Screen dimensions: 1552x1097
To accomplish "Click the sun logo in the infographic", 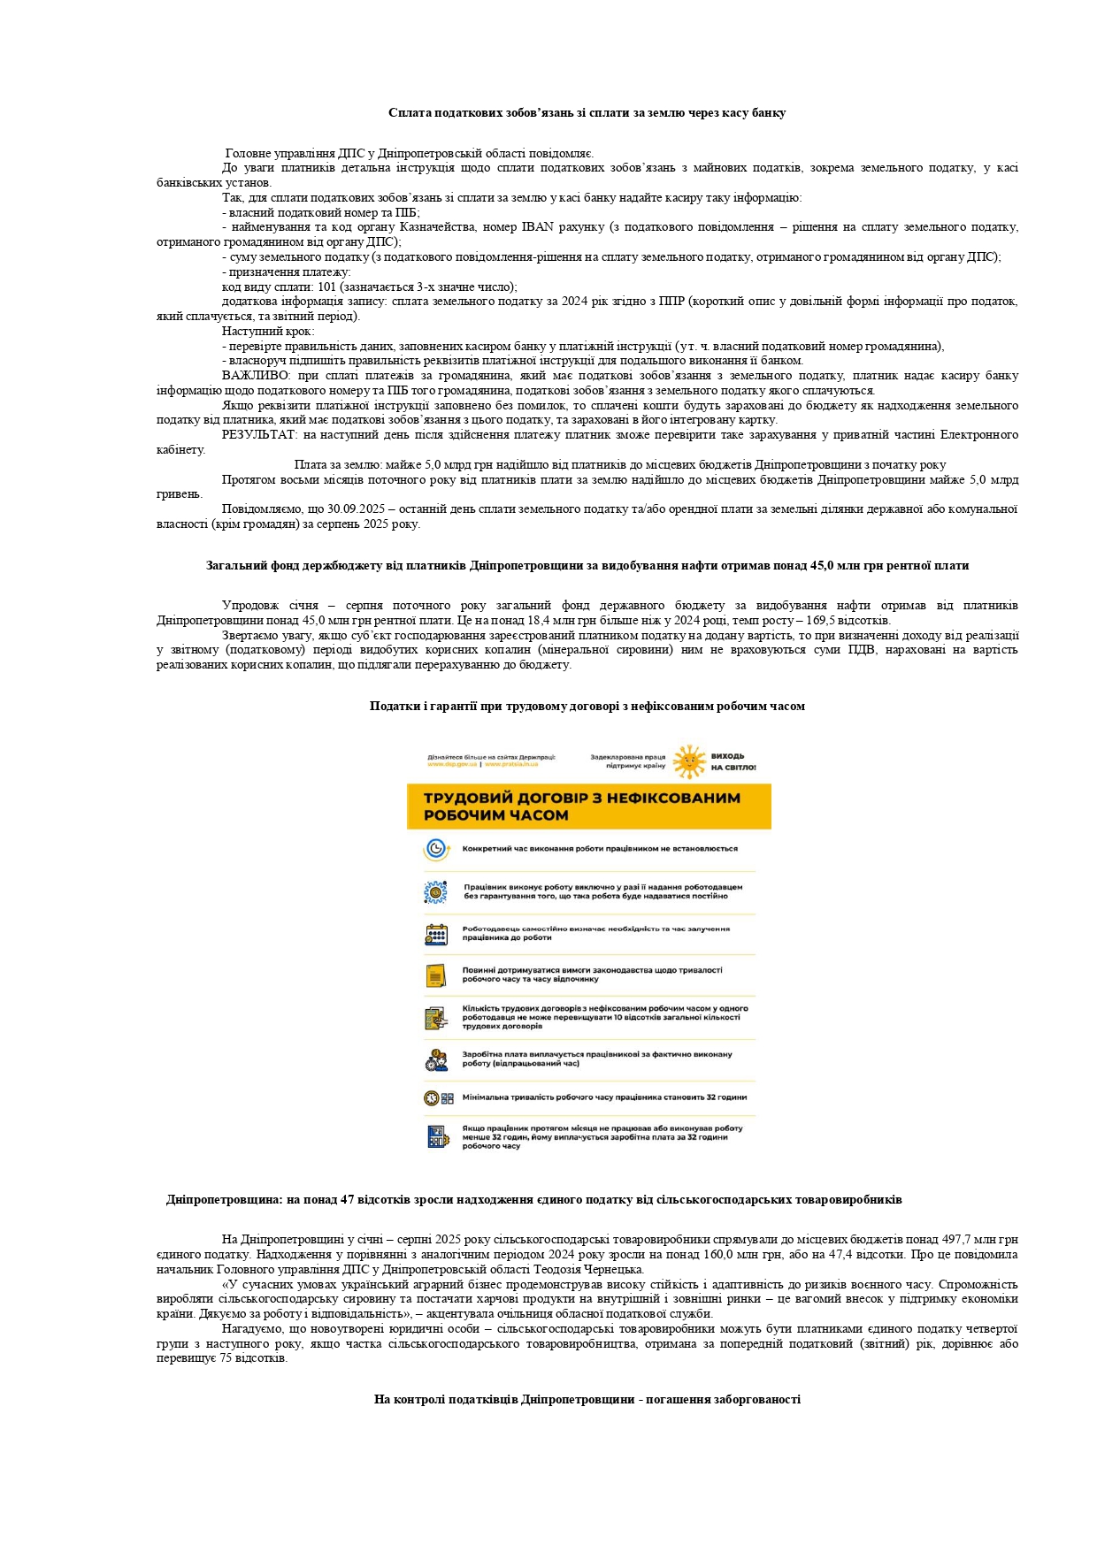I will [x=690, y=761].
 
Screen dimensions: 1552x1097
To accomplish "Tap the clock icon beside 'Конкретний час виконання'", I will [x=436, y=849].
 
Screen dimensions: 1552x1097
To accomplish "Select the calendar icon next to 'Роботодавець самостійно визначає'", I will [x=436, y=934].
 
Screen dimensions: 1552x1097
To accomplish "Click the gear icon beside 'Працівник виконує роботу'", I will [x=436, y=891].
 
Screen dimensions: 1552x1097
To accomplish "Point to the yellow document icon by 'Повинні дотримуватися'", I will [x=436, y=975].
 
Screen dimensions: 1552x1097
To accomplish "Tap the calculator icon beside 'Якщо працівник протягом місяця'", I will [x=436, y=1136].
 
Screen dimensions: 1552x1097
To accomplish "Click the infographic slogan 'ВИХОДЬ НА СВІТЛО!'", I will [x=733, y=761].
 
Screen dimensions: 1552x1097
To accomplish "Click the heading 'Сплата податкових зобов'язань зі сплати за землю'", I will [x=587, y=113].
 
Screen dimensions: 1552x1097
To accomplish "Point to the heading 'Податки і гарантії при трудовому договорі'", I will [x=587, y=707].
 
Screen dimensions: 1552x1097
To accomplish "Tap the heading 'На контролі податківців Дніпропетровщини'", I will [x=587, y=1400].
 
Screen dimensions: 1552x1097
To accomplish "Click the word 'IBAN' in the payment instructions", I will [x=538, y=227].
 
